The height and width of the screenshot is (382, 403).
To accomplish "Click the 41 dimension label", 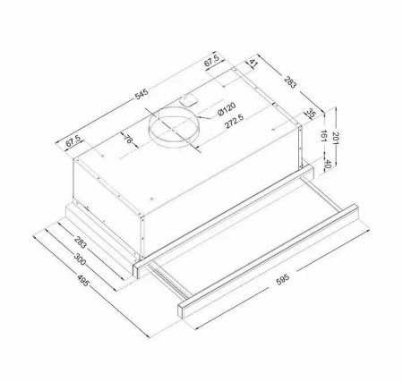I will pyautogui.click(x=254, y=64).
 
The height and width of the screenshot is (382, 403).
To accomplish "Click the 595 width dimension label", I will pyautogui.click(x=282, y=279).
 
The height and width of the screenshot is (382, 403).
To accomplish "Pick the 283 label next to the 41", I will pyautogui.click(x=291, y=85).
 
